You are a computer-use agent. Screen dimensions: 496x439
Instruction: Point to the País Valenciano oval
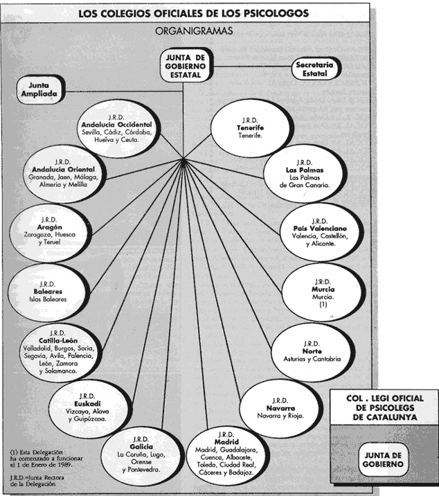(321, 233)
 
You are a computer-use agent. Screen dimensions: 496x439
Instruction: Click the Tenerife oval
(250, 128)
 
